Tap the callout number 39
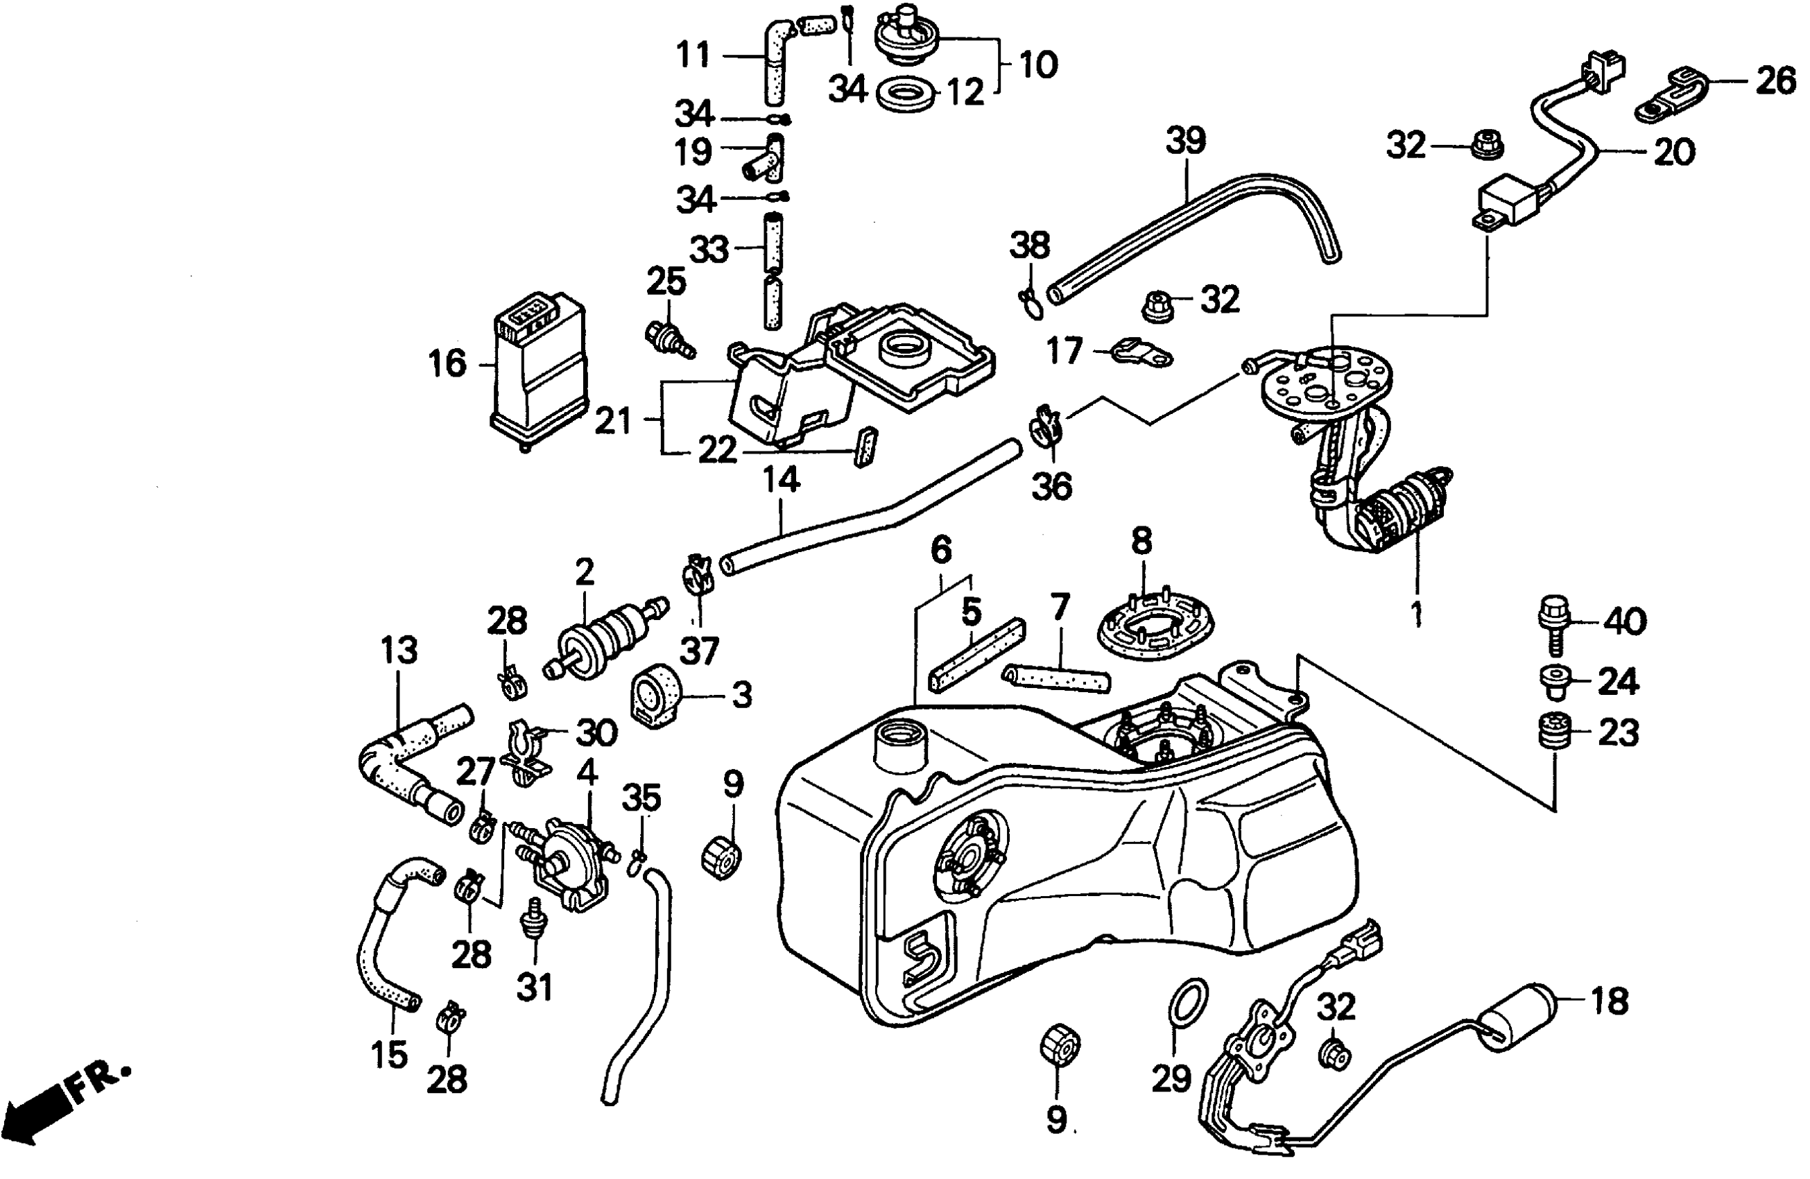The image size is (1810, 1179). click(1186, 141)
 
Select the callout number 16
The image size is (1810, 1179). click(447, 363)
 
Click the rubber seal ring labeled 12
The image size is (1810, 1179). click(908, 94)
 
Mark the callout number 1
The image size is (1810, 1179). click(1417, 614)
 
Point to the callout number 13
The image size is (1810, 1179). click(400, 651)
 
